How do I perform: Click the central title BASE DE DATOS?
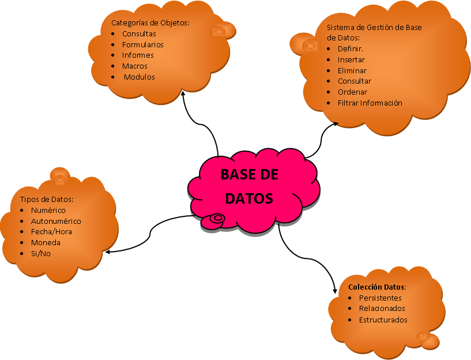coord(249,186)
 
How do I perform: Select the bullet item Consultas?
coord(139,34)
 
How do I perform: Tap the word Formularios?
coord(142,44)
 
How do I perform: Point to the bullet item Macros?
coord(135,66)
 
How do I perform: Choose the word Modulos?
coord(140,77)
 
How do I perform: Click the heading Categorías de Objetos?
coord(150,23)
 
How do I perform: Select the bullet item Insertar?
coord(351,59)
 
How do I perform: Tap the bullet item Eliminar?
coord(352,70)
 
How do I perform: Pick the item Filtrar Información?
coord(370,103)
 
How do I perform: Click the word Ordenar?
coord(352,92)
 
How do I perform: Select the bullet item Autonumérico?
coord(56,221)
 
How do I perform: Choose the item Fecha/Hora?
coord(51,231)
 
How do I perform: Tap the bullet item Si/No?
coord(40,253)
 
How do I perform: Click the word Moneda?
coord(46,242)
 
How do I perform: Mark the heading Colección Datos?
coord(377,287)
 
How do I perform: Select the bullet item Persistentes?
coord(380,298)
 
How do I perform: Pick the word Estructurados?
coord(383,320)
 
